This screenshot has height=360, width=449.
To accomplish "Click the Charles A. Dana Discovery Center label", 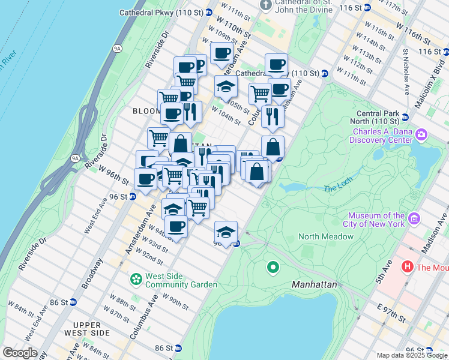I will [382, 136].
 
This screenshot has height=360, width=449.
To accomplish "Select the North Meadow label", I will [326, 236].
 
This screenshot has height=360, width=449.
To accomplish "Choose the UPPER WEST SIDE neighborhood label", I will [86, 329].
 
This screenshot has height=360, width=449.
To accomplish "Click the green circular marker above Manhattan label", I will [273, 267].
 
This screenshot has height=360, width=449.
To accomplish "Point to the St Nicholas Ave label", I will [406, 72].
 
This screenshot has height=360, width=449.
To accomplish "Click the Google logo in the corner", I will [20, 353].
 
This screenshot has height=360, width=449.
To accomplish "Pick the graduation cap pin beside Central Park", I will [226, 232].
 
